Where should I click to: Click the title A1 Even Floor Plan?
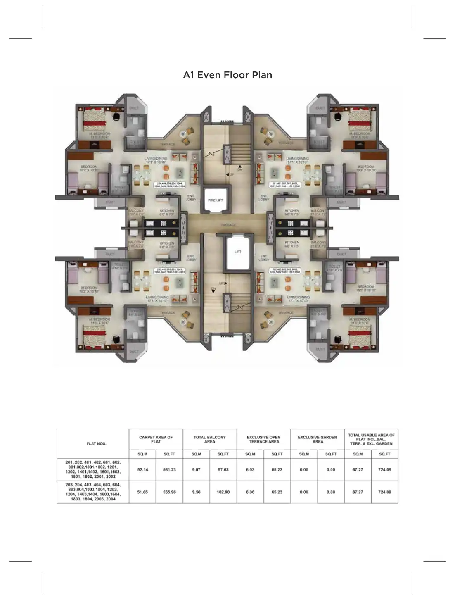(x=227, y=75)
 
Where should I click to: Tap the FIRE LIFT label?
(x=215, y=200)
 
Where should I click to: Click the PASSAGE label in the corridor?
(x=228, y=225)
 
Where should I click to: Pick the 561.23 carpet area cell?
(x=169, y=469)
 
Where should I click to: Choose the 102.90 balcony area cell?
(x=223, y=492)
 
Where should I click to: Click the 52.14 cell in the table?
(x=142, y=469)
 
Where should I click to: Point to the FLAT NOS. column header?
(x=96, y=443)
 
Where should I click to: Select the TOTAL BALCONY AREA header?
(x=210, y=439)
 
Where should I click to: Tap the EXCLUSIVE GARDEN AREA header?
(x=317, y=439)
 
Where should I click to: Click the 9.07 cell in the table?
(x=196, y=469)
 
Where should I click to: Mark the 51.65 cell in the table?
(x=142, y=492)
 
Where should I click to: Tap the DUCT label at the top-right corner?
(x=320, y=108)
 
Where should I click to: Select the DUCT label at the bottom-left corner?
(x=134, y=352)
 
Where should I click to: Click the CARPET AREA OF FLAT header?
(x=156, y=439)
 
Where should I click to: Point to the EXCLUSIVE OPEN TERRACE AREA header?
(x=263, y=439)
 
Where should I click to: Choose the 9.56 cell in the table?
(x=196, y=492)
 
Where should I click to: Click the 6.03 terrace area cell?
(x=250, y=469)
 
